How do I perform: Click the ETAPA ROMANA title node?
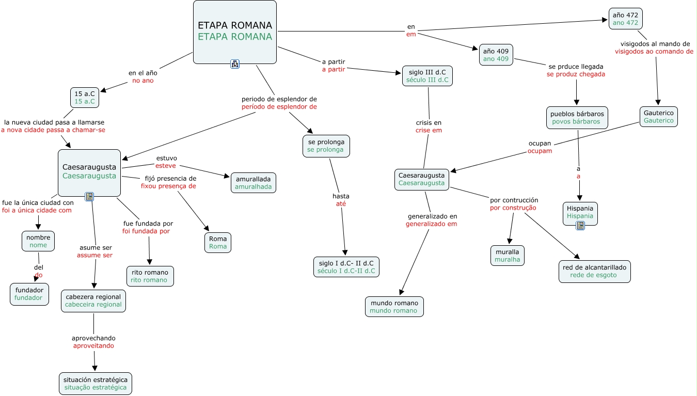pyautogui.click(x=235, y=31)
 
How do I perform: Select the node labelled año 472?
pyautogui.click(x=625, y=19)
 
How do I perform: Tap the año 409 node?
pyautogui.click(x=496, y=55)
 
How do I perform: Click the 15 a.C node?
pyautogui.click(x=85, y=98)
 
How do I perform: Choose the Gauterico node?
pyautogui.click(x=658, y=117)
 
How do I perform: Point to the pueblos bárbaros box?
pyautogui.click(x=577, y=118)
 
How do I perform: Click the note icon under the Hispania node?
pyautogui.click(x=580, y=225)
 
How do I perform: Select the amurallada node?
pyautogui.click(x=254, y=183)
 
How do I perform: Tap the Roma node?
pyautogui.click(x=218, y=243)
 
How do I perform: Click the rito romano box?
pyautogui.click(x=150, y=276)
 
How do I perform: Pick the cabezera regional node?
pyautogui.click(x=93, y=300)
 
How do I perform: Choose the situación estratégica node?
pyautogui.click(x=95, y=384)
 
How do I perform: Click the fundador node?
pyautogui.click(x=29, y=293)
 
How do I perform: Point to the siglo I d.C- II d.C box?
pyautogui.click(x=346, y=267)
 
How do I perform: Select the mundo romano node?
pyautogui.click(x=394, y=307)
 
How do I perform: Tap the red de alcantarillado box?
pyautogui.click(x=595, y=271)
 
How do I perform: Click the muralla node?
pyautogui.click(x=507, y=256)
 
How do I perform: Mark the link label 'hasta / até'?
pyautogui.click(x=341, y=200)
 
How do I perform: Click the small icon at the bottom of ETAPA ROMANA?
pyautogui.click(x=235, y=64)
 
